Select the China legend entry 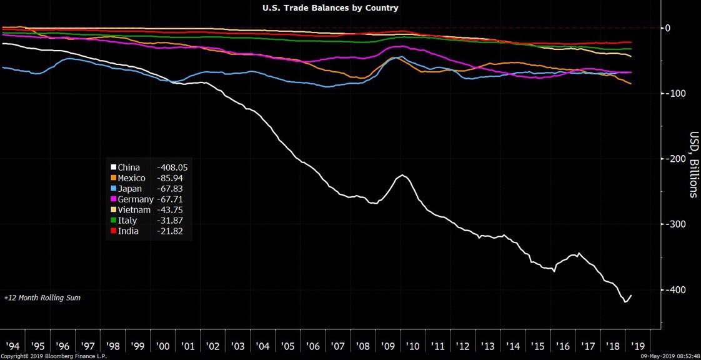(x=129, y=167)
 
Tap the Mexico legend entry (x=131, y=178)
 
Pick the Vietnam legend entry (x=133, y=210)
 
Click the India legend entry (x=129, y=231)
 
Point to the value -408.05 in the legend (x=172, y=167)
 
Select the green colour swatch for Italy (x=114, y=221)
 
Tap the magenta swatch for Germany (x=114, y=199)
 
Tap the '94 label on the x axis (x=12, y=345)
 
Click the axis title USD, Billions (x=693, y=164)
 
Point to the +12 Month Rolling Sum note (x=42, y=298)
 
